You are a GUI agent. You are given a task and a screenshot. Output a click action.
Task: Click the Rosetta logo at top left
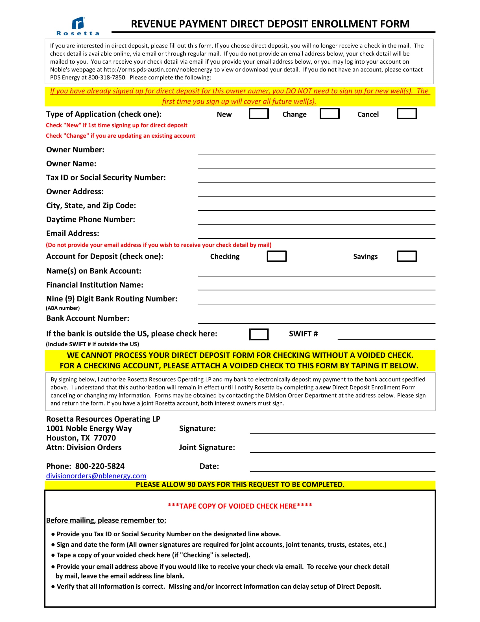(x=78, y=26)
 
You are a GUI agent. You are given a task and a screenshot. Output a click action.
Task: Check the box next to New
(x=258, y=114)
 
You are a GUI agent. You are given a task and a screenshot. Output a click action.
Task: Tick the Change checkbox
(x=329, y=114)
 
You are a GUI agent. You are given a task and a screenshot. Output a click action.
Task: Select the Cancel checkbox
(x=407, y=114)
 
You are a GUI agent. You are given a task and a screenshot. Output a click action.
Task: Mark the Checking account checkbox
(x=276, y=256)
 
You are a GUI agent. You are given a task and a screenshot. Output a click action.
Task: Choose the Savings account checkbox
(x=407, y=256)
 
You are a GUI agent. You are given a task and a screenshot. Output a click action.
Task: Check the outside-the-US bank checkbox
(x=258, y=334)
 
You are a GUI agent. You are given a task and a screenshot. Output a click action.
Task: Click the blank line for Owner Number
(x=316, y=151)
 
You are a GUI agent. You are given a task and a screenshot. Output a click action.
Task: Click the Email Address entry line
(x=316, y=235)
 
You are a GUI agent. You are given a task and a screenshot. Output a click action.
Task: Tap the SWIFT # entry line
(x=386, y=336)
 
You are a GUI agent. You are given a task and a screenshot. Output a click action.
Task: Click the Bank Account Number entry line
(x=316, y=319)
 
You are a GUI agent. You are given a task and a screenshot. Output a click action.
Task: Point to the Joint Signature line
(x=342, y=449)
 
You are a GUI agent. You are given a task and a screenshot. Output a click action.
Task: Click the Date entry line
(x=342, y=467)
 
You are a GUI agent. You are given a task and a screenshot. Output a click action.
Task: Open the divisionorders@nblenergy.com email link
(x=96, y=476)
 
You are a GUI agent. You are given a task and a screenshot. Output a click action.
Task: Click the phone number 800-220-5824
(x=100, y=466)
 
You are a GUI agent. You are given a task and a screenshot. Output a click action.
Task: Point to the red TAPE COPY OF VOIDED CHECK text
(x=240, y=506)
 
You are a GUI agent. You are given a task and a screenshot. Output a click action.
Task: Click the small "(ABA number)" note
(x=63, y=308)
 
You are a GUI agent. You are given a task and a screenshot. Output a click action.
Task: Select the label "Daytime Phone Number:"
(x=90, y=220)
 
